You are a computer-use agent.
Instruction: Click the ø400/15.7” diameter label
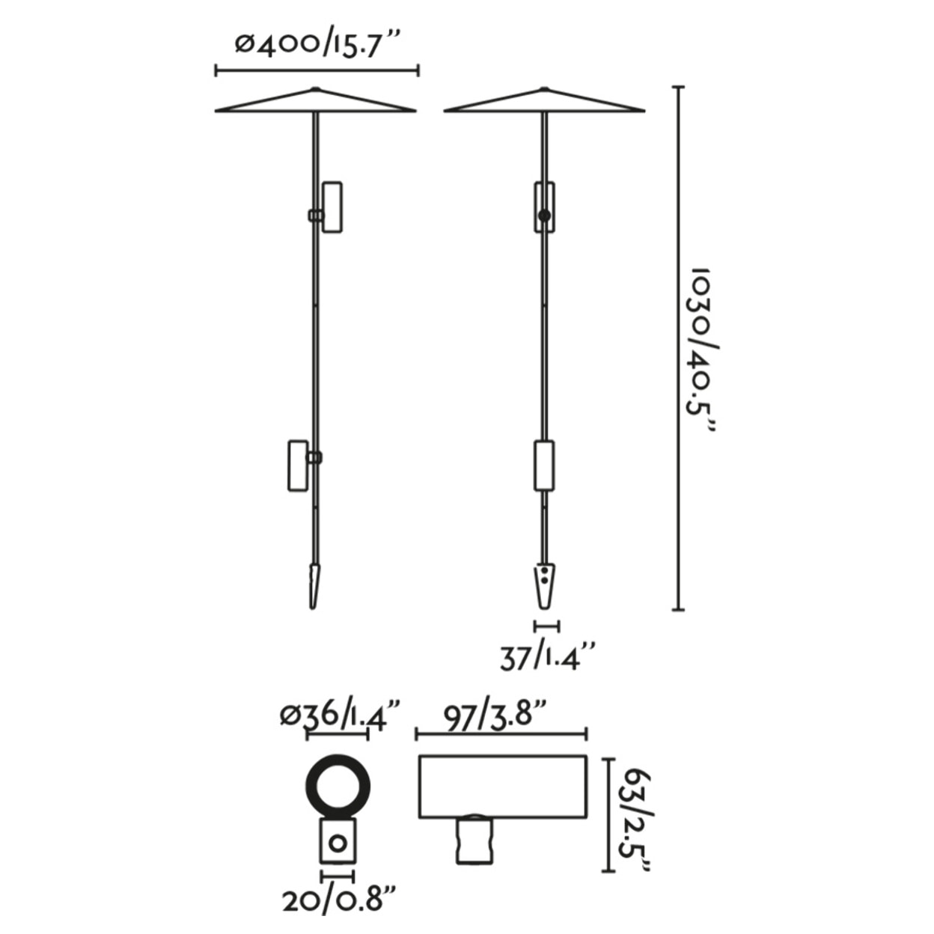click(318, 46)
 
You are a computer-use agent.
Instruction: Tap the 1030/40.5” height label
click(703, 355)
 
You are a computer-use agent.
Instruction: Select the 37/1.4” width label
click(548, 657)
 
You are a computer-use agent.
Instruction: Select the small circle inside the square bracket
click(338, 844)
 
